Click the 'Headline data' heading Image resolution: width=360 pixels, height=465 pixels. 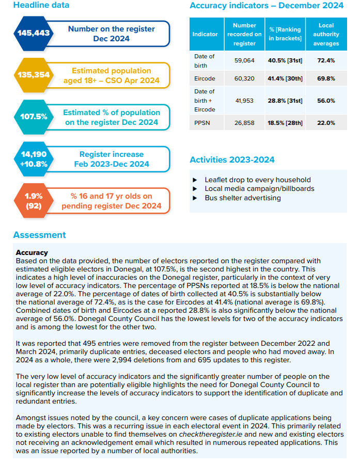coord(41,5)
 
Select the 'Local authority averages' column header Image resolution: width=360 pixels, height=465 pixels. coord(326,34)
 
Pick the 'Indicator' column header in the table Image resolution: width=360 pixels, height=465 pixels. coord(205,34)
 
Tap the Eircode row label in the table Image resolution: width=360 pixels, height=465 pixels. coord(205,78)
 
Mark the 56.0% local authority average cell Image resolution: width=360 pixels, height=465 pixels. coord(326,101)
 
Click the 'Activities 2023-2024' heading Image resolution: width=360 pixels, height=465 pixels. coord(232,159)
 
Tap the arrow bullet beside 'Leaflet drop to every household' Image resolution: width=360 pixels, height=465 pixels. coord(195,180)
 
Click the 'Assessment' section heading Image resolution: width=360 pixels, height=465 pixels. coord(40,235)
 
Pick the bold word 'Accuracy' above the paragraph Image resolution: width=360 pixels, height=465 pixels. coord(32,252)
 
